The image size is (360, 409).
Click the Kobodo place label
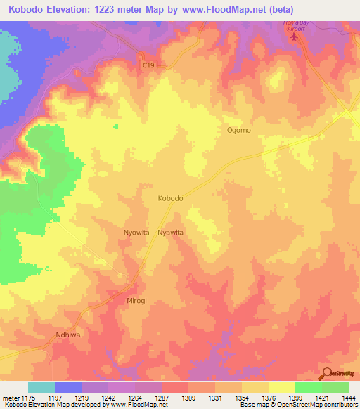click(171, 199)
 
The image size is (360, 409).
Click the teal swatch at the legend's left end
click(41, 387)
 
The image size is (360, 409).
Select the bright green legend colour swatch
click(308, 387)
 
